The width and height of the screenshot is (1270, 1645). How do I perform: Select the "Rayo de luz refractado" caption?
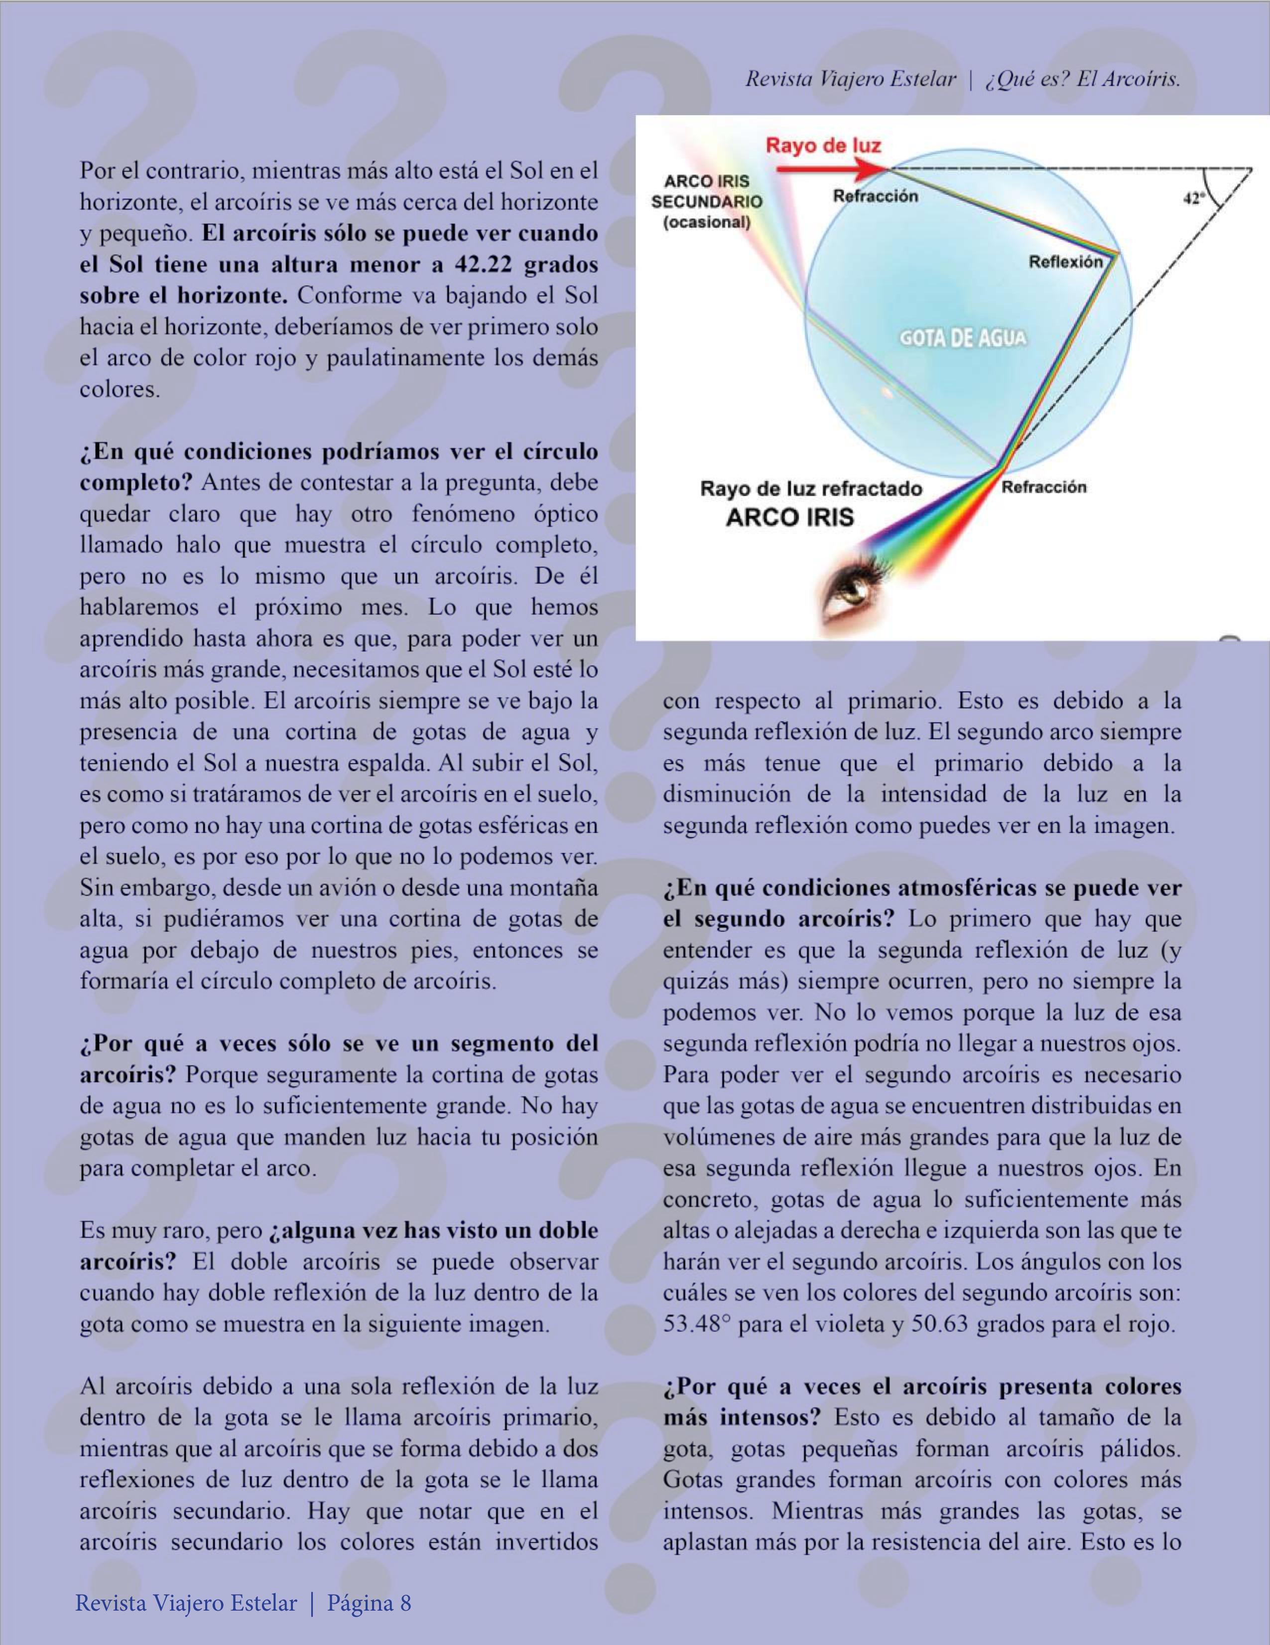[811, 489]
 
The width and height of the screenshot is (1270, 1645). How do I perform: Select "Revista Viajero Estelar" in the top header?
[851, 79]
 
